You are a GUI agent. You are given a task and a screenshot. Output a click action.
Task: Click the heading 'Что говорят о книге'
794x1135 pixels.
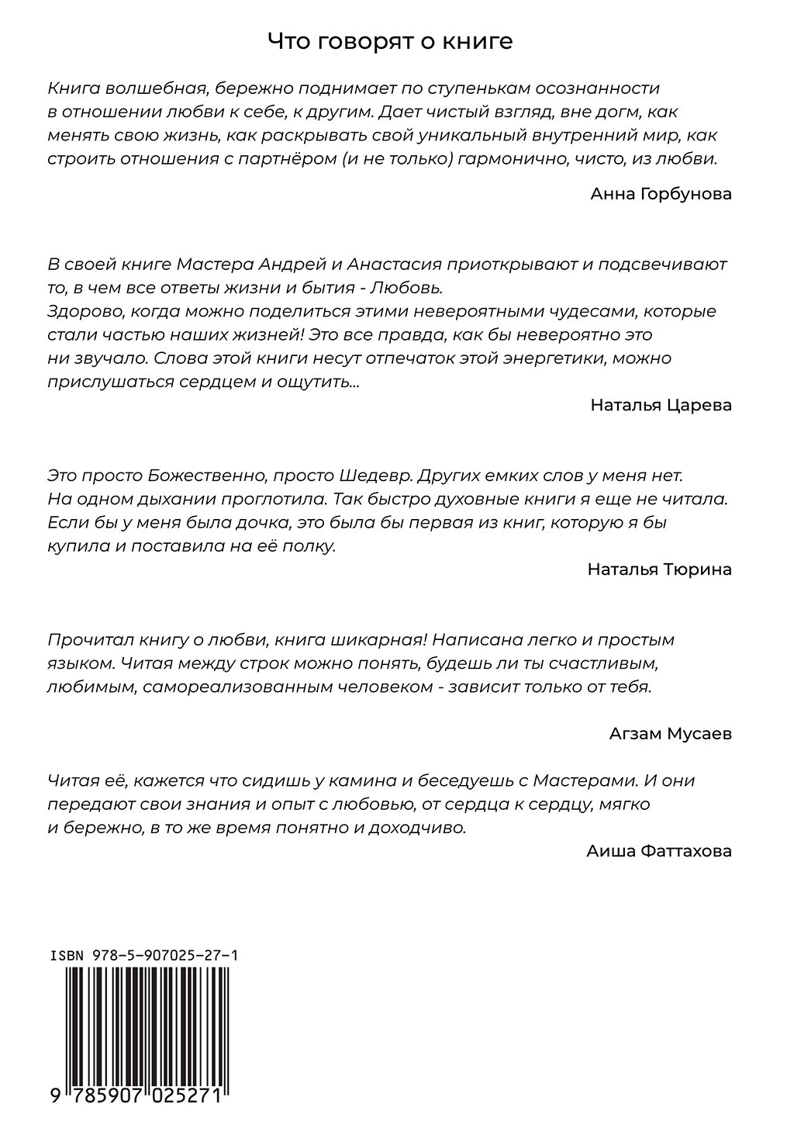click(389, 41)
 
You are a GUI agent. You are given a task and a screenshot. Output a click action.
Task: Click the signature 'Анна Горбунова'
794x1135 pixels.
click(661, 194)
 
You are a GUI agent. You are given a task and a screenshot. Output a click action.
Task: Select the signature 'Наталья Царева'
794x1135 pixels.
click(661, 405)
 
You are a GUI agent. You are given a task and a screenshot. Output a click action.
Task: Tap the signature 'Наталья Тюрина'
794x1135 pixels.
click(659, 569)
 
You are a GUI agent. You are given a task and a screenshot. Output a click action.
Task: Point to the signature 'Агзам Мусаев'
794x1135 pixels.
click(671, 734)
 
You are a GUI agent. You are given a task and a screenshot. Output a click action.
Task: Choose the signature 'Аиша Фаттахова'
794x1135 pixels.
click(659, 851)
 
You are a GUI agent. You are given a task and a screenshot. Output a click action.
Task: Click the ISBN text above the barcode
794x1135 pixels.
click(143, 956)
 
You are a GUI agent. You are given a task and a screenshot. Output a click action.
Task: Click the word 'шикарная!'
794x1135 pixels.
click(375, 640)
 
